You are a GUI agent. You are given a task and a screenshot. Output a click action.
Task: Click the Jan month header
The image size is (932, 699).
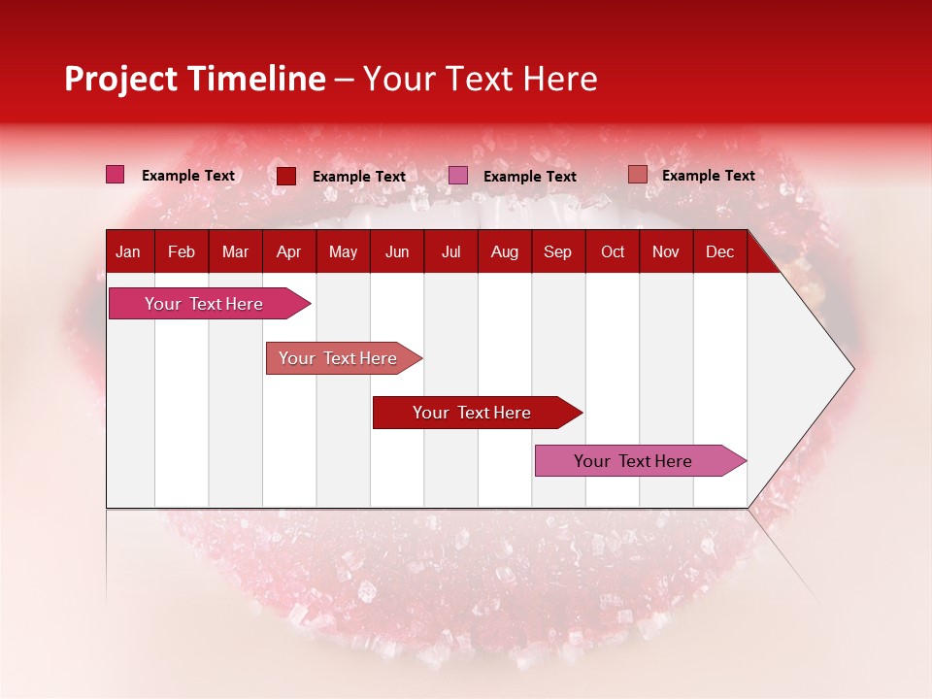[128, 251]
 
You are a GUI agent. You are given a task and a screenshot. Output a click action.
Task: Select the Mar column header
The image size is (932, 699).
[235, 251]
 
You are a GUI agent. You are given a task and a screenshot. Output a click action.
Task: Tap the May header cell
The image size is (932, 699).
[343, 251]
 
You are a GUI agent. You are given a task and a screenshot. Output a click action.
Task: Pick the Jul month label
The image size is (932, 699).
[450, 251]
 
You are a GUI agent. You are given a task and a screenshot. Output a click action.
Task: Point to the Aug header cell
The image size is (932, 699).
[504, 251]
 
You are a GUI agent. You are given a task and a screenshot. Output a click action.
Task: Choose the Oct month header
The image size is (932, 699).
[613, 251]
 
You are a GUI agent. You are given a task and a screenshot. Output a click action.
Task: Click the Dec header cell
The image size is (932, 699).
[719, 251]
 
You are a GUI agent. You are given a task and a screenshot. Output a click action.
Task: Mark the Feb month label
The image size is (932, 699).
[182, 251]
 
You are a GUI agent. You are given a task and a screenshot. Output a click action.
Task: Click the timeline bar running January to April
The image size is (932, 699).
[204, 304]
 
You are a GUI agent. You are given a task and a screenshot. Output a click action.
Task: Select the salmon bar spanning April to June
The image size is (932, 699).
[338, 358]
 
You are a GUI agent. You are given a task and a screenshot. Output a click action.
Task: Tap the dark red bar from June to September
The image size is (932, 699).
[472, 413]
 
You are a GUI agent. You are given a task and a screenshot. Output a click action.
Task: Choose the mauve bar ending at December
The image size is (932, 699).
[633, 461]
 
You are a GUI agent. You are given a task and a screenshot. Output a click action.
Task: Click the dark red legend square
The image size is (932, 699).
[286, 176]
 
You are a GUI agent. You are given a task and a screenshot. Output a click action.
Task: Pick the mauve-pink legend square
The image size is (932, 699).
[458, 176]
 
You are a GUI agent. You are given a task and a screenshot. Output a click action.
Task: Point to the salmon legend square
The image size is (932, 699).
[637, 175]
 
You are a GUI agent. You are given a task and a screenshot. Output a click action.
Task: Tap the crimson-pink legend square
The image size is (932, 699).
[116, 175]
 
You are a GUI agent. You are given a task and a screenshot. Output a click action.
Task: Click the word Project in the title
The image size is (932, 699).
[120, 79]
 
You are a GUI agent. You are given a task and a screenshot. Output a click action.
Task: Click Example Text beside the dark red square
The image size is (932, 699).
[359, 177]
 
